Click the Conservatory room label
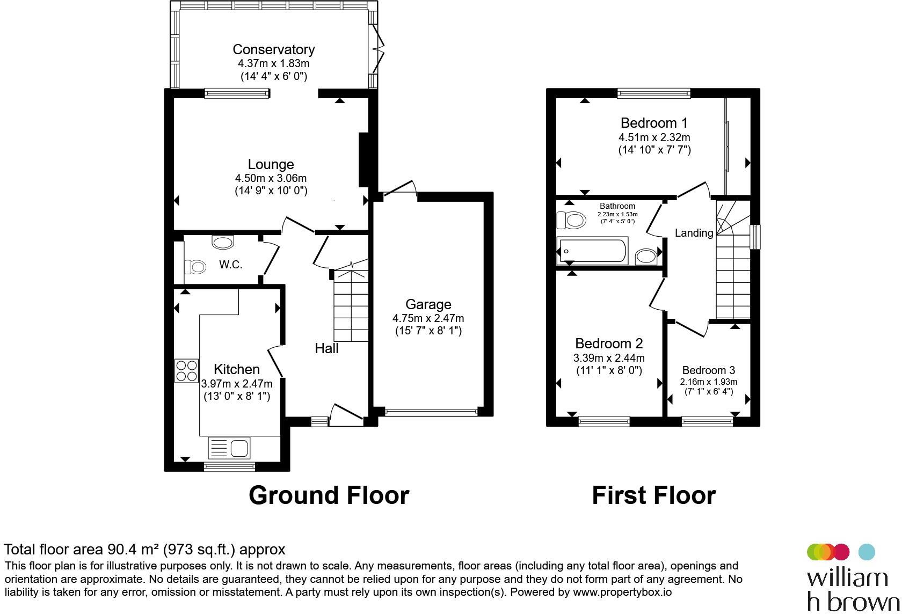click(x=274, y=49)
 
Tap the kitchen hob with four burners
click(x=186, y=371)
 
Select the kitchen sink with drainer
click(x=229, y=448)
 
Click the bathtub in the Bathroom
click(x=592, y=251)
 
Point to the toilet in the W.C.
click(x=195, y=267)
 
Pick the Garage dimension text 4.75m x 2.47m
click(x=428, y=318)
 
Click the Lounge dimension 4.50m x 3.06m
click(x=271, y=178)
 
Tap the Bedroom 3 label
click(x=708, y=370)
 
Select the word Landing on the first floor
click(x=694, y=233)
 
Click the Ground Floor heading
click(x=329, y=495)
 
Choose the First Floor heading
click(x=654, y=495)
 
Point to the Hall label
click(x=326, y=348)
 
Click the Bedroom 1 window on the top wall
click(x=653, y=94)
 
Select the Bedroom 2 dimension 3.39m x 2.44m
click(x=609, y=357)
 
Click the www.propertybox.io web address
click(x=622, y=592)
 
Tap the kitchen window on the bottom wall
click(x=230, y=467)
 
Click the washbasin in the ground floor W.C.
click(x=223, y=243)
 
